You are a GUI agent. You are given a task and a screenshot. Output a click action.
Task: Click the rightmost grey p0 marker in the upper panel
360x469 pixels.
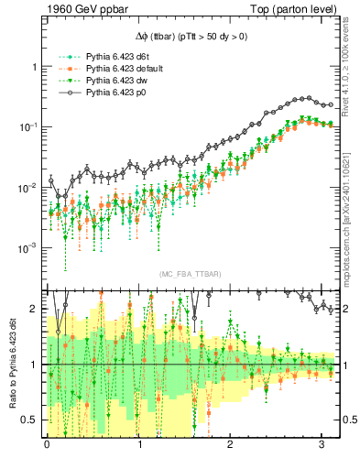click(331, 104)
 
